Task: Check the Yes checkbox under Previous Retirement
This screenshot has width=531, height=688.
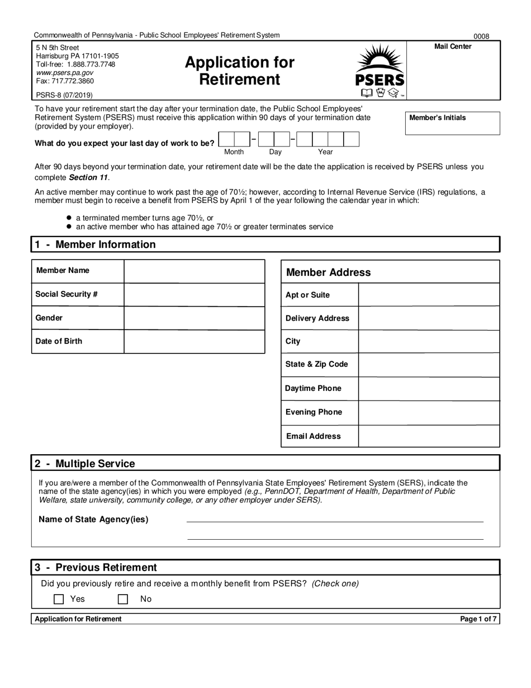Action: pos(59,599)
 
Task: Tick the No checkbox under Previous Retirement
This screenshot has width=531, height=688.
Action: pos(123,599)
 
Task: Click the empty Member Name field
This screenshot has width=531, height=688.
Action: pos(194,271)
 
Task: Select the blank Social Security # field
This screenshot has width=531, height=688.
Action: pos(194,295)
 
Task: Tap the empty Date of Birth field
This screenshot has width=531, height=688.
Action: pos(194,342)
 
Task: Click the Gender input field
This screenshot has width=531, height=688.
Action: pos(194,318)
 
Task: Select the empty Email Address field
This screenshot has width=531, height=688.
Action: pos(429,436)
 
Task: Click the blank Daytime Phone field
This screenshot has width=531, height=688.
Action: pos(429,388)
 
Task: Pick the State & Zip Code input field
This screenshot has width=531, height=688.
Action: pos(429,365)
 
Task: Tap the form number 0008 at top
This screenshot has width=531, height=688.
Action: pos(481,36)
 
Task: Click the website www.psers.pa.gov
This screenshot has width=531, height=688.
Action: pos(65,73)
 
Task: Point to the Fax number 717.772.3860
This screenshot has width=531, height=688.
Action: pos(65,81)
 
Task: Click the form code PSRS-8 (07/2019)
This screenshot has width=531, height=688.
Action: pos(64,95)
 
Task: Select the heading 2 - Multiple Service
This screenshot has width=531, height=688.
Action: pos(85,464)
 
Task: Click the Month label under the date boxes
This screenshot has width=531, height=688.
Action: pos(234,152)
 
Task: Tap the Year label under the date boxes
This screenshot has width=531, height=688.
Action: pos(325,152)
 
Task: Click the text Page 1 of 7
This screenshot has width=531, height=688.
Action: pos(478,619)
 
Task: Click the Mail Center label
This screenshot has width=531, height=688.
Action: pos(453,46)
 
